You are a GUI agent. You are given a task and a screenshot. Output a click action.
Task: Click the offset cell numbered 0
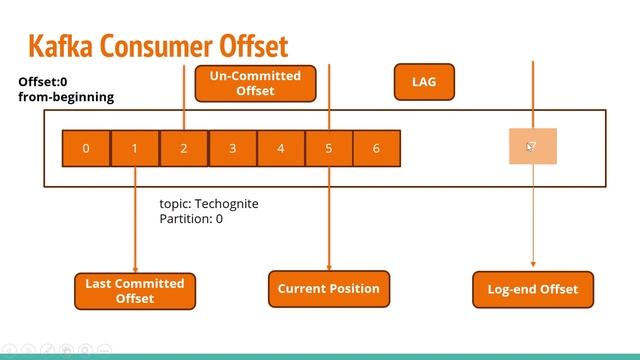tap(86, 148)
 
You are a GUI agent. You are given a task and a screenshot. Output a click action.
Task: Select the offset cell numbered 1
tap(135, 148)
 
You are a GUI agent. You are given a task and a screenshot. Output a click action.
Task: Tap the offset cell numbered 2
tap(184, 148)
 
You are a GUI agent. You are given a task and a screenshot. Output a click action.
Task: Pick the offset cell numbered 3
tap(232, 148)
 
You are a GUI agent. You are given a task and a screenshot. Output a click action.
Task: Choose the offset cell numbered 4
tap(281, 148)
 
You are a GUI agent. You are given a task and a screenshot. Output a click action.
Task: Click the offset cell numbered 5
tap(329, 148)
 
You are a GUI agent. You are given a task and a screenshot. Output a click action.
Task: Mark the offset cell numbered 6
tap(376, 148)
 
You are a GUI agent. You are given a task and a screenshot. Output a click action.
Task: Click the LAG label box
tap(424, 82)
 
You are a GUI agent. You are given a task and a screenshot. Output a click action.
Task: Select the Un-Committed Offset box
tap(255, 84)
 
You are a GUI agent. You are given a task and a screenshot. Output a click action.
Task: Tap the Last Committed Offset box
tap(135, 291)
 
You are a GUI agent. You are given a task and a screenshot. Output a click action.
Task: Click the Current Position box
tap(329, 289)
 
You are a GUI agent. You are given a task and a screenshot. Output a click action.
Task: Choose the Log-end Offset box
tap(532, 289)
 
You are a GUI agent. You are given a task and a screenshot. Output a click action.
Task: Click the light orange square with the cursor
tap(532, 147)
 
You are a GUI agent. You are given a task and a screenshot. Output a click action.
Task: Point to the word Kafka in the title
tap(63, 45)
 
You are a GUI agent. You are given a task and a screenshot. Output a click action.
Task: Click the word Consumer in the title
tap(159, 45)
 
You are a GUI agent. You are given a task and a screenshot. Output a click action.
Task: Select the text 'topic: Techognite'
tap(209, 204)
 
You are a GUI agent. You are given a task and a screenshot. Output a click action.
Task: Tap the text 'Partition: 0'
tap(191, 218)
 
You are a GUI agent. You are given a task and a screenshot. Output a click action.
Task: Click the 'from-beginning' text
tap(66, 97)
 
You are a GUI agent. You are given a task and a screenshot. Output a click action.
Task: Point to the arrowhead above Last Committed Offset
tap(135, 267)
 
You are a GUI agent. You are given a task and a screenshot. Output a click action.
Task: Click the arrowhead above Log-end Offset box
tap(532, 266)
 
